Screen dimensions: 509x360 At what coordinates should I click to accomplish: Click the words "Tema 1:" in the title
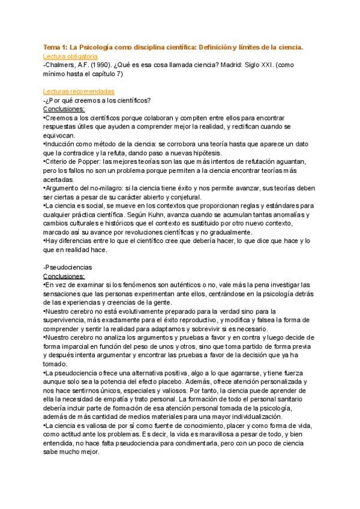[x=55, y=46]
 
